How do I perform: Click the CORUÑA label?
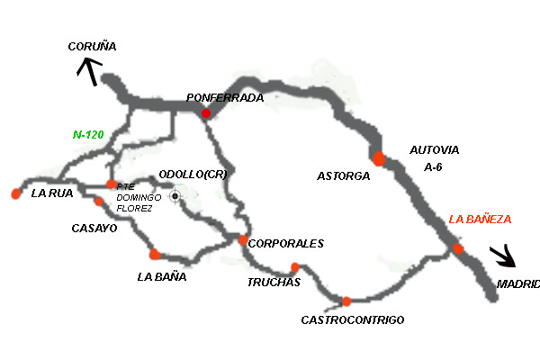point(93,47)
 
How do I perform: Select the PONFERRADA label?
point(224,97)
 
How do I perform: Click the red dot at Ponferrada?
point(206,113)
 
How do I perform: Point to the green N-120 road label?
point(88,135)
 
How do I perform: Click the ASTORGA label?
point(343,176)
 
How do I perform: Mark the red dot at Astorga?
point(379,159)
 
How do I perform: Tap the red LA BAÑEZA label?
point(480,220)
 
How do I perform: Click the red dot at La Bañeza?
point(458,248)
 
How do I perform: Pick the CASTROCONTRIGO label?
point(353,319)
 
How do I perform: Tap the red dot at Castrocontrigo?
point(346,301)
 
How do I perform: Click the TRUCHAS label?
point(273,283)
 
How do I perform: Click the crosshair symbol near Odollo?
point(175,195)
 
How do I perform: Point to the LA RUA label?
point(51,193)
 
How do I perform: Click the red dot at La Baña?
point(155,254)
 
